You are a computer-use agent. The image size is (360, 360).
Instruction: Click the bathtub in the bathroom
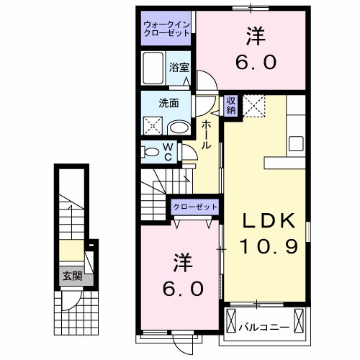153,71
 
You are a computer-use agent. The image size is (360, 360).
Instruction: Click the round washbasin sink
179,128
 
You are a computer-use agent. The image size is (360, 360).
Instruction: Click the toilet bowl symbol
152,152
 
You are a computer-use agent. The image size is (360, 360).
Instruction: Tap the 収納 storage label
231,106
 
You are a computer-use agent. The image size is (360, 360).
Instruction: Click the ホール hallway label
206,134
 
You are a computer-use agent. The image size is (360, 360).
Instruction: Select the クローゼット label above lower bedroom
195,207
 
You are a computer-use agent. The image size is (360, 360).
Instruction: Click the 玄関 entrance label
71,275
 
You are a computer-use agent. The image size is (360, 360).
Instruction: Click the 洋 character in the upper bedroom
255,35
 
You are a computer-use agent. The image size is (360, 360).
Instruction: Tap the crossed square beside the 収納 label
253,105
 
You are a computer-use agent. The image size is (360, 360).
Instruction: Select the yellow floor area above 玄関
71,252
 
